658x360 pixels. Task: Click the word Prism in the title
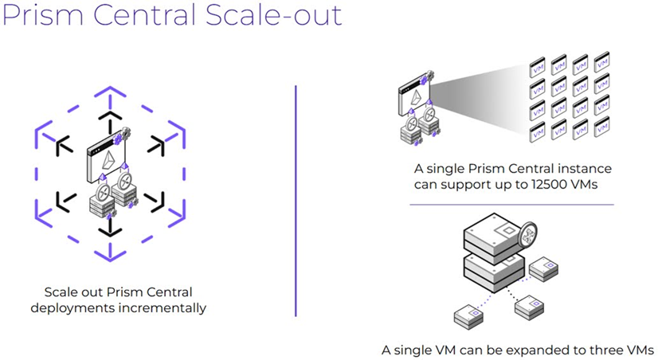[x=44, y=15]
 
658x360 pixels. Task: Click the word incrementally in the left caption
[x=166, y=307]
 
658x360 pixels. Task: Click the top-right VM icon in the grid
[x=601, y=60]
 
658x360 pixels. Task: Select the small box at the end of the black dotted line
[x=527, y=307]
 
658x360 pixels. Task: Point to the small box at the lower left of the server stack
[x=468, y=316]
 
